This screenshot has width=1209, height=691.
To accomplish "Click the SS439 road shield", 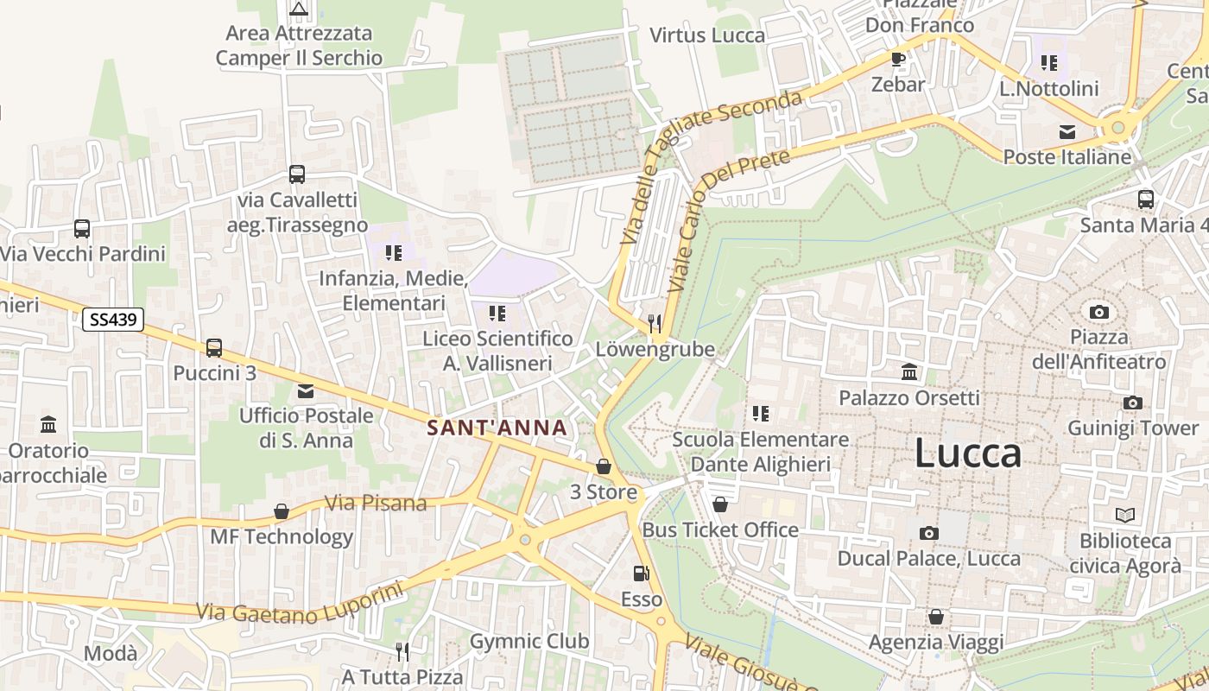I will pos(113,320).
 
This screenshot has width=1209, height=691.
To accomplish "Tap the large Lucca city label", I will pos(967,453).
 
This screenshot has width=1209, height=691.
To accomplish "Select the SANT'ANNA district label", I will pos(497,428).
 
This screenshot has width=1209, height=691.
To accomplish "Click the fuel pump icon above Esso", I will pos(641,573).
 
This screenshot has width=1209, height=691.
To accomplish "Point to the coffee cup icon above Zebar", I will pos(898,59).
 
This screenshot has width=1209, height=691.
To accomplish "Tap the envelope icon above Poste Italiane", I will pos(1067,132).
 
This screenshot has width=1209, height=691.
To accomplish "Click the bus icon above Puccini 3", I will pos(214,348).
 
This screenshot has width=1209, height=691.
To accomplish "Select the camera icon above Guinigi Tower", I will pos(1132,403).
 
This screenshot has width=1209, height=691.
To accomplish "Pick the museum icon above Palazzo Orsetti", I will pos(909,372).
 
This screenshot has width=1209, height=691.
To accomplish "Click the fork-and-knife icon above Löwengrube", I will pos(655,324).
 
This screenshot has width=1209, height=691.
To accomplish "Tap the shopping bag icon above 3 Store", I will pos(604,466).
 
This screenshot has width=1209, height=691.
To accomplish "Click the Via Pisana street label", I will pos(376,503).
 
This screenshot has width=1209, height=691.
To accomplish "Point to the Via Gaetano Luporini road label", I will pos(301,605).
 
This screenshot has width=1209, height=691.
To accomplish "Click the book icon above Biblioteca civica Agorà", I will pos(1124,516).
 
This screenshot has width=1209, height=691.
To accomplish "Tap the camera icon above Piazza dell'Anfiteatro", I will pos(1098,312).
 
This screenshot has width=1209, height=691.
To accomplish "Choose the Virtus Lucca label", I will pos(707,35).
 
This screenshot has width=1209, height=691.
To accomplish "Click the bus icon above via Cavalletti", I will pos(297,174).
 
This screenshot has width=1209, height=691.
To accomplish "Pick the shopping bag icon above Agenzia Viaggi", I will pos(935,617).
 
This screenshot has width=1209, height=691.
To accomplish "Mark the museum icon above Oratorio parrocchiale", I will pos(48,425).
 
